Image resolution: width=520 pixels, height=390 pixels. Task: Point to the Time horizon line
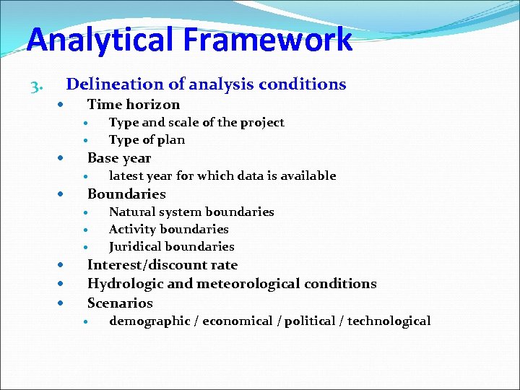point(133,104)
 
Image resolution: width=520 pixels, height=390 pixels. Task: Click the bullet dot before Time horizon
point(62,105)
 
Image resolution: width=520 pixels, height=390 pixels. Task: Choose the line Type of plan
point(147,139)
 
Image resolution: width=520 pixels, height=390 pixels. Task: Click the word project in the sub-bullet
point(262,122)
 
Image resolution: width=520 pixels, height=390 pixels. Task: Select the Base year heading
point(119,157)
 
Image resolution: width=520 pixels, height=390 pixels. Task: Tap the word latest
point(125,175)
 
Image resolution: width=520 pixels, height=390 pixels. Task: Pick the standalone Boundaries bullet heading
point(126,194)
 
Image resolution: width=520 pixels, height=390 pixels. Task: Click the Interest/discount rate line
point(162,265)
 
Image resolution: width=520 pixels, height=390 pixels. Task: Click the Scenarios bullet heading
point(120,303)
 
